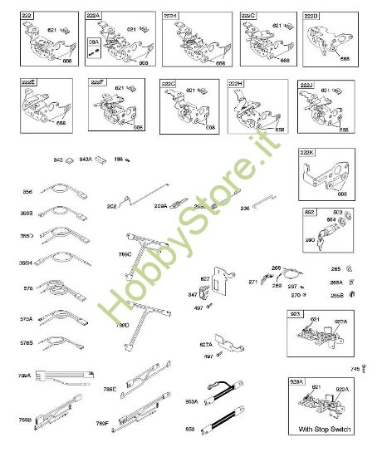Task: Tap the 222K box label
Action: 306,153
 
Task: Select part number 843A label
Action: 85,158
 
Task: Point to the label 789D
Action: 122,324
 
